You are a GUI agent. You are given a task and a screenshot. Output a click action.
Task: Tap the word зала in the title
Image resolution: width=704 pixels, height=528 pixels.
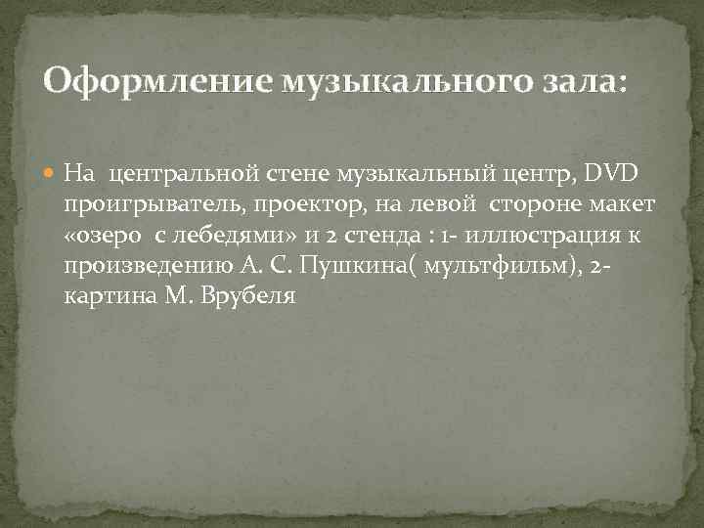[582, 80]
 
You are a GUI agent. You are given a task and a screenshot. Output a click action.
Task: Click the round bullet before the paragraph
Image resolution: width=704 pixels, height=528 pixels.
[52, 174]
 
